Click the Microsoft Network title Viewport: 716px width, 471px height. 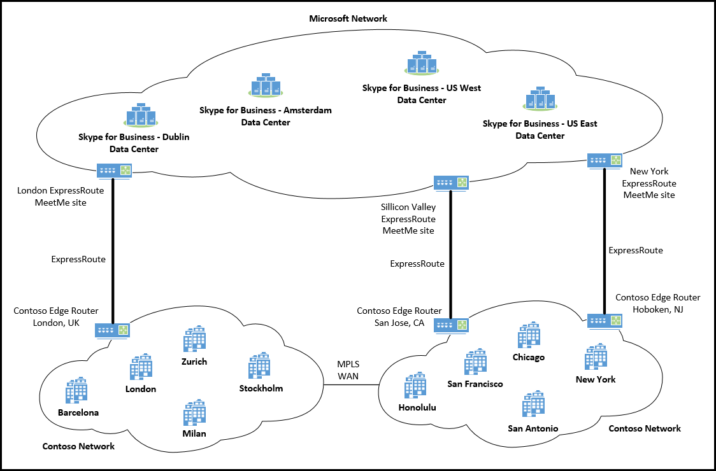pos(348,18)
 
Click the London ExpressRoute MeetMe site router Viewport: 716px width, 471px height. pos(113,171)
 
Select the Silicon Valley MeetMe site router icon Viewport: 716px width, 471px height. pos(451,183)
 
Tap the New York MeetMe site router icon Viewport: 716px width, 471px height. pos(604,160)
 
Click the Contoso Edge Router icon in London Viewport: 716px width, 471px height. pos(113,330)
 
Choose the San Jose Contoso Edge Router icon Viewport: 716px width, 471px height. pos(451,325)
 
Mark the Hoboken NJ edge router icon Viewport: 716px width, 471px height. pos(604,321)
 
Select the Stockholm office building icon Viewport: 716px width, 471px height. pos(259,367)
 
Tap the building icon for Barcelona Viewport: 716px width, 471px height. pos(77,391)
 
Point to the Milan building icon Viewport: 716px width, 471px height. pos(194,413)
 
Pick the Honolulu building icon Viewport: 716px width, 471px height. pos(415,386)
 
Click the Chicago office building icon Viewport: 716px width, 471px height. pos(529,335)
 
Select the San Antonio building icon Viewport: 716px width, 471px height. pos(533,405)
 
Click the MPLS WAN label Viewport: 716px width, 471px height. pos(348,370)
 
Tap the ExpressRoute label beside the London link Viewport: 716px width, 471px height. pos(78,259)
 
